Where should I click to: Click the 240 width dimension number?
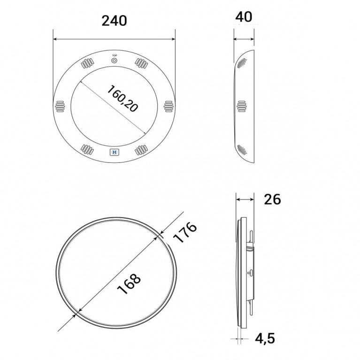(114, 21)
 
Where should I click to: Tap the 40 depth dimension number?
(244, 17)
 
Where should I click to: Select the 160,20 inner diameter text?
(123, 99)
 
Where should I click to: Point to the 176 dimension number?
(184, 232)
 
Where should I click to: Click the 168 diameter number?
(129, 283)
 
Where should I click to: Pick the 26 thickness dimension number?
(272, 199)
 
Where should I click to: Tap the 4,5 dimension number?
(265, 338)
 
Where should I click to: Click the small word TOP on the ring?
(115, 55)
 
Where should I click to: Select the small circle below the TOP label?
(115, 61)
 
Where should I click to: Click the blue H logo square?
(115, 152)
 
